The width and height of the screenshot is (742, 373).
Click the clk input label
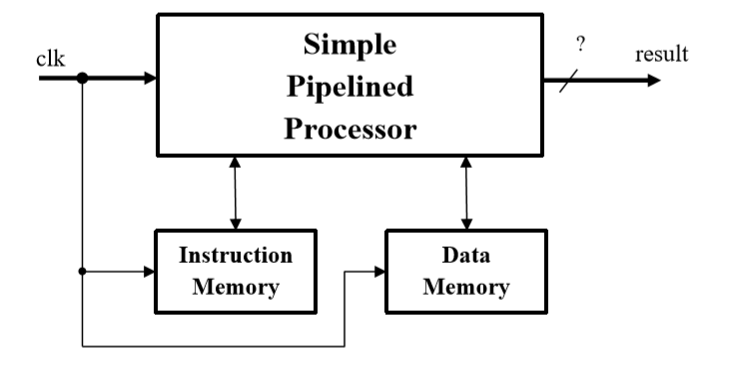click(x=50, y=58)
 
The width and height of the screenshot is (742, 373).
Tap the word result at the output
click(x=661, y=54)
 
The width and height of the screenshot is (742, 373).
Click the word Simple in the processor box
click(x=350, y=46)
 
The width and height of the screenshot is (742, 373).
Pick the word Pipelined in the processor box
click(x=350, y=88)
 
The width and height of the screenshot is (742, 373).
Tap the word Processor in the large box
click(x=350, y=130)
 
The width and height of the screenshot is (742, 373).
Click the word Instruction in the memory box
click(x=236, y=255)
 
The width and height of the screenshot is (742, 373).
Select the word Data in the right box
click(x=465, y=255)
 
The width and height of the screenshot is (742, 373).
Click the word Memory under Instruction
click(x=236, y=287)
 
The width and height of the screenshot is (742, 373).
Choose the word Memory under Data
click(x=465, y=287)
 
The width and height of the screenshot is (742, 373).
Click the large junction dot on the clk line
click(x=82, y=78)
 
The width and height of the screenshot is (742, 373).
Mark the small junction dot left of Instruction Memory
click(x=82, y=270)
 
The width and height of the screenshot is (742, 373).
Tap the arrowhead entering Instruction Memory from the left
click(x=149, y=270)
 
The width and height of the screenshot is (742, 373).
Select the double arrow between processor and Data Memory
click(x=465, y=192)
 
